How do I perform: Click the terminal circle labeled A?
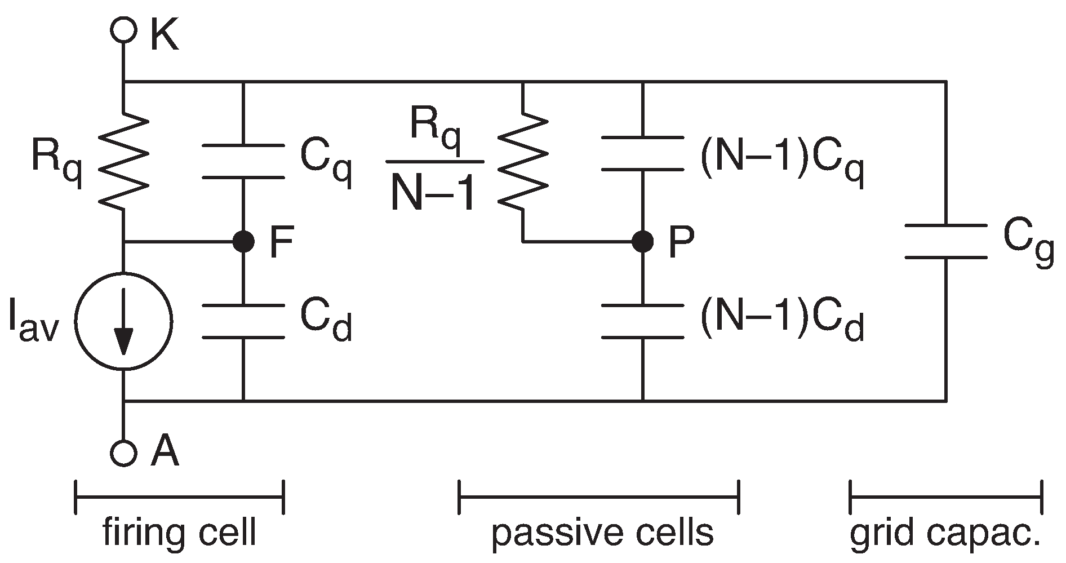pos(123,451)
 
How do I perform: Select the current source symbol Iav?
pos(123,322)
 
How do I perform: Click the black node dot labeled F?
pos(243,242)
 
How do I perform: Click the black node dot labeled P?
pos(642,242)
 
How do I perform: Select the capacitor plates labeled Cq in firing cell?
pos(243,161)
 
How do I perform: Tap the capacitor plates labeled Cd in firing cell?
pos(243,322)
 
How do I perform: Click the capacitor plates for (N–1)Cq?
pos(642,153)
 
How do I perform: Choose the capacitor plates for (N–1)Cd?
pos(642,322)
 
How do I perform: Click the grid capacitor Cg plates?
pos(945,242)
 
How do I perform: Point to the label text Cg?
pos(1027,243)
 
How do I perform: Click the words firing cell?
pos(179,533)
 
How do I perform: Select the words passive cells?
pos(602,533)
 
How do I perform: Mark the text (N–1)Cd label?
pos(781,322)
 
